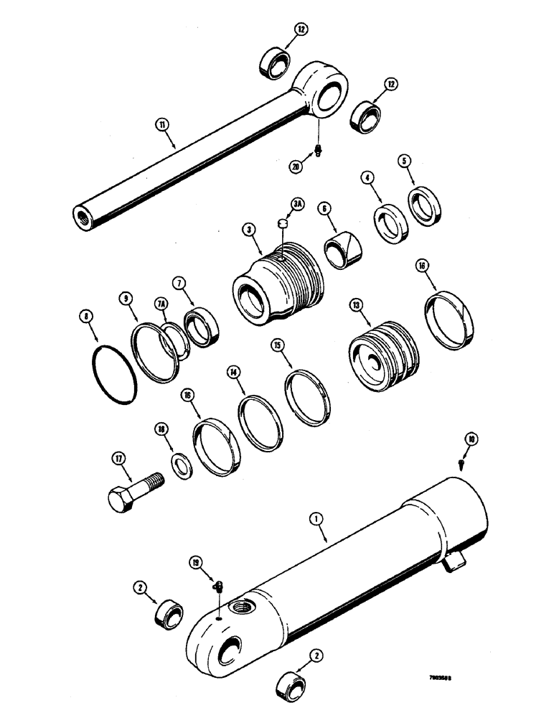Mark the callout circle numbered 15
coord(278,346)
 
